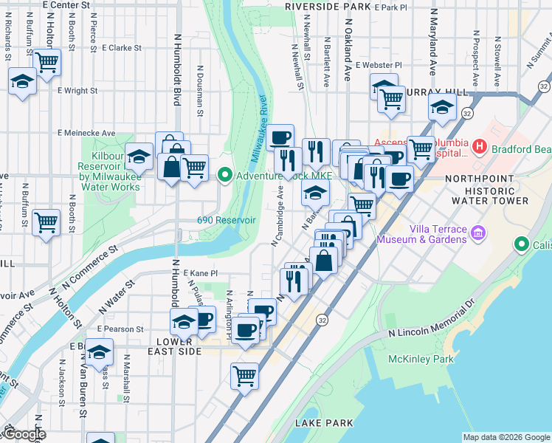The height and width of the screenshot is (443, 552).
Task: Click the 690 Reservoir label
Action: pos(226,220)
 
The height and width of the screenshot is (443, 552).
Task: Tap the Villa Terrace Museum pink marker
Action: pos(478,234)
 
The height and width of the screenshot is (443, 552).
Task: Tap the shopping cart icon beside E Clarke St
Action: pos(47,63)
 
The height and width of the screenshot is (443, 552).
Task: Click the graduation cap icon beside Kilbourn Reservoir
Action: pos(138,156)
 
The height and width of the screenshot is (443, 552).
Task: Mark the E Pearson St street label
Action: pos(119,329)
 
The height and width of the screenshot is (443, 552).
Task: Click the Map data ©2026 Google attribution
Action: pos(506,437)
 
